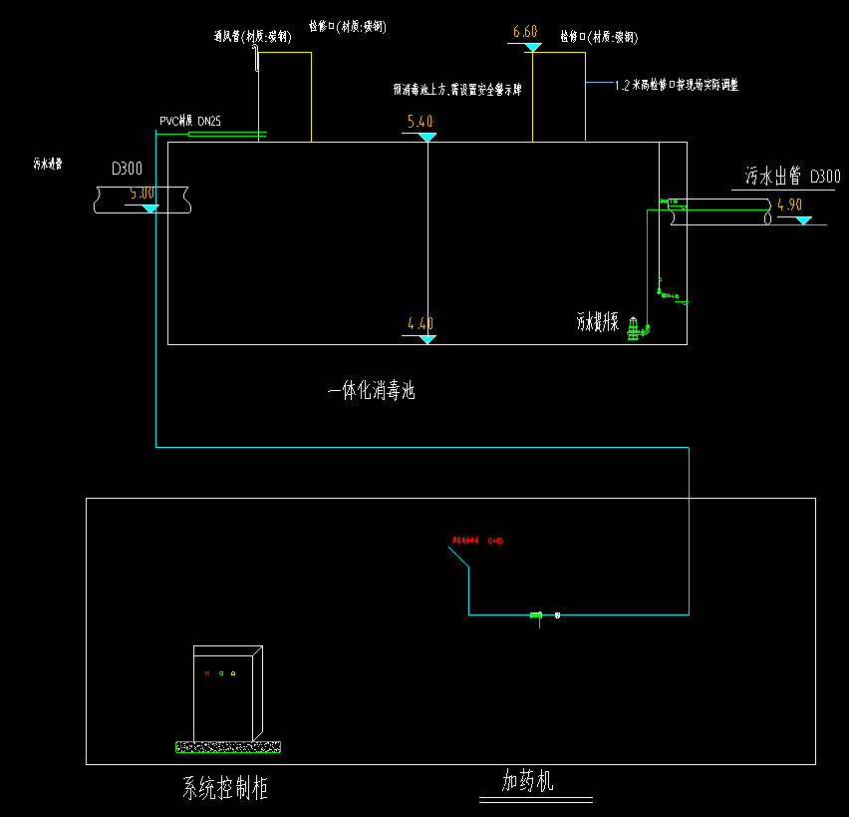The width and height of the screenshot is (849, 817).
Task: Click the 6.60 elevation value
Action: (x=525, y=33)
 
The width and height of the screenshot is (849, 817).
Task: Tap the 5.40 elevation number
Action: (x=421, y=123)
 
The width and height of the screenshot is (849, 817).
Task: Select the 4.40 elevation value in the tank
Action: (x=421, y=323)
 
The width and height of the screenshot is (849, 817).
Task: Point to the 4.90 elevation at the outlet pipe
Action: (x=789, y=204)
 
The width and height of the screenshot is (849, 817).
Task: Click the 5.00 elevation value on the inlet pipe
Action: (x=142, y=194)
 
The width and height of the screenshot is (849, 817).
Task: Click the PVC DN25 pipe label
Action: (x=191, y=122)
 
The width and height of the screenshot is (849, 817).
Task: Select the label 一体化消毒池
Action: (x=371, y=392)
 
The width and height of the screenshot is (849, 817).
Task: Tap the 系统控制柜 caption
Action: (x=224, y=790)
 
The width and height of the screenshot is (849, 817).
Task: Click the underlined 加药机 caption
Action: (x=527, y=781)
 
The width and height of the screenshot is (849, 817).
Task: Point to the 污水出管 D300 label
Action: (x=792, y=178)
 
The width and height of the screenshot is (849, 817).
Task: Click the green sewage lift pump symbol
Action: (x=633, y=328)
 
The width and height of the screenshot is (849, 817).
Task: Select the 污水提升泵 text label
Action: (x=598, y=322)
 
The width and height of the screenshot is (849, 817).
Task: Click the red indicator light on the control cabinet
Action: (x=208, y=673)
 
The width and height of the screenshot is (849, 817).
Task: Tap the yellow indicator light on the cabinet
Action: (x=233, y=673)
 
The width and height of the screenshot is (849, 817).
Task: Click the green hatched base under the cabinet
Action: (x=228, y=746)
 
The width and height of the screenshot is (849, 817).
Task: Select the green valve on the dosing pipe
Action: (x=536, y=615)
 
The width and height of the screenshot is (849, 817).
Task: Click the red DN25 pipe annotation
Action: (x=478, y=541)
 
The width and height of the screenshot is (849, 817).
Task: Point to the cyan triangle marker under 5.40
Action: (x=427, y=136)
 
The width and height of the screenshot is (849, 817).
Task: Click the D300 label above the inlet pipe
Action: (x=127, y=170)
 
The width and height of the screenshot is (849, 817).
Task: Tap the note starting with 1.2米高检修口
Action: (x=677, y=86)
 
